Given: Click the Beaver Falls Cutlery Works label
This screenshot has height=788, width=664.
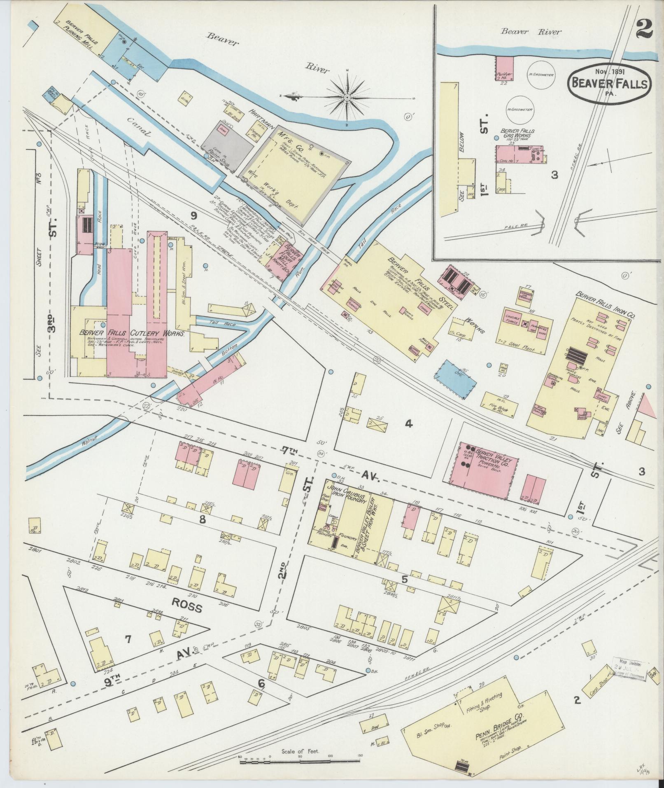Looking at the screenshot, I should coord(132,333).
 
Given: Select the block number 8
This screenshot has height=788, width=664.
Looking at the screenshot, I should coord(202,519).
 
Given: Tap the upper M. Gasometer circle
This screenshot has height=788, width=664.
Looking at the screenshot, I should coord(541,75).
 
